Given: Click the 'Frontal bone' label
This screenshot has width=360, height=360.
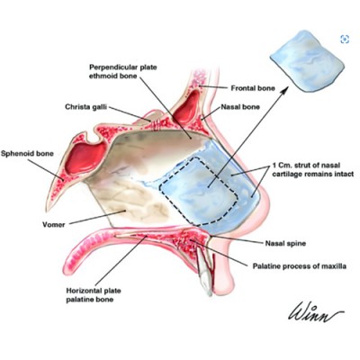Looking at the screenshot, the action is pos(253,88).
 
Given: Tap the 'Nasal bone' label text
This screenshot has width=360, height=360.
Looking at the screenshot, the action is pos(240,107).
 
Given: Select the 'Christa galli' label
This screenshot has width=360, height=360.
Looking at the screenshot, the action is pos(85,107).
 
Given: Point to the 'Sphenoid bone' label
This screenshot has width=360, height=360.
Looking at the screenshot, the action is pos(27,154).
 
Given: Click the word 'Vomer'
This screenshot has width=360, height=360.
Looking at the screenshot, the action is pos(54,224).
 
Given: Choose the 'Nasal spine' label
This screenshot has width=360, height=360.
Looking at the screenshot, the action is pos(285,243).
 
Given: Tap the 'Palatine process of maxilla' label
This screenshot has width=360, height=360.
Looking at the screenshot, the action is pos(300,266).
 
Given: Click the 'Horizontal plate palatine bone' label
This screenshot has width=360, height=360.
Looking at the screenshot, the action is pos(94,295).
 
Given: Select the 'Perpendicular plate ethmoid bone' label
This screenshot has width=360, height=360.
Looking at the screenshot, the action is pos(123,71).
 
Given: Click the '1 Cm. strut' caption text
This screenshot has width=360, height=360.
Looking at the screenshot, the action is pos(313,169).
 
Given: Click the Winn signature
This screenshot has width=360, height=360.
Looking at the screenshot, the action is pos(316,312).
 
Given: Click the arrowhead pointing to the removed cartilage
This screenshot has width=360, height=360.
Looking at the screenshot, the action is pos(285,88).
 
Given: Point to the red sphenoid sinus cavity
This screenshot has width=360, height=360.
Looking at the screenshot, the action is pos(86,159).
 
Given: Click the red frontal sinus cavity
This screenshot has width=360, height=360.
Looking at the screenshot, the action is pos(187,107).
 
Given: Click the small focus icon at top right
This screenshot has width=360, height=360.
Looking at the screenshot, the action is pos(345,39).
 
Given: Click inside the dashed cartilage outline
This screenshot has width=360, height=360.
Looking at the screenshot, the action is pos(199,191).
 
